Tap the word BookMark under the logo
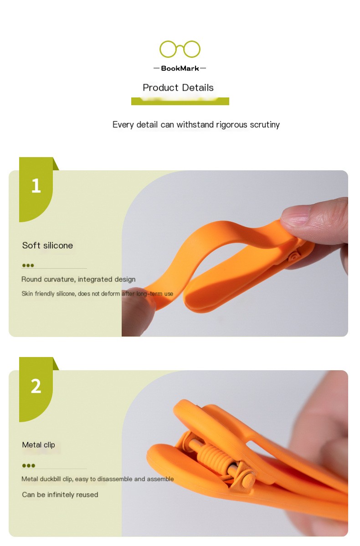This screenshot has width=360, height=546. [x=180, y=69]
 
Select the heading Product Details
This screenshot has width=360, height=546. [x=178, y=88]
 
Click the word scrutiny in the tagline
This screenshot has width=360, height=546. [x=264, y=125]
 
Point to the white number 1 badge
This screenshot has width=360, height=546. [x=36, y=186]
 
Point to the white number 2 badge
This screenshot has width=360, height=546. [x=36, y=386]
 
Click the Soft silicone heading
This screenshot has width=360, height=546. [x=47, y=245]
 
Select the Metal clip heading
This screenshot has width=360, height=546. [x=38, y=444]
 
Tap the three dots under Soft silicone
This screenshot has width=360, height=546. [x=28, y=265]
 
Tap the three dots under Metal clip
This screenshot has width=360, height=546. [x=29, y=465]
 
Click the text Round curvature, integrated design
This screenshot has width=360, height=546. [x=78, y=279]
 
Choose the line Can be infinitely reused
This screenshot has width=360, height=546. [x=60, y=495]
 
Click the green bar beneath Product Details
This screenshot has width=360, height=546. [x=180, y=102]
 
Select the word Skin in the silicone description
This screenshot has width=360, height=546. [x=27, y=294]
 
